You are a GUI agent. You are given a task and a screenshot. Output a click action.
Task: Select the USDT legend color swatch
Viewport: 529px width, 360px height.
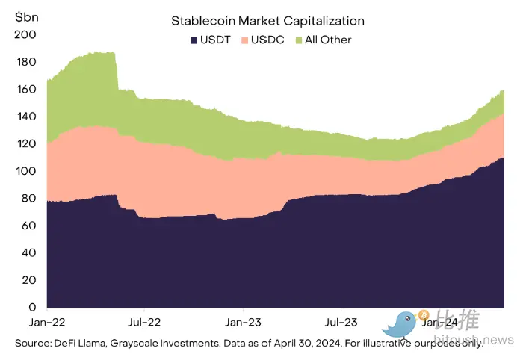194,40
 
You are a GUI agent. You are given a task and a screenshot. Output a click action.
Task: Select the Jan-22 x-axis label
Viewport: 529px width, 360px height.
46,323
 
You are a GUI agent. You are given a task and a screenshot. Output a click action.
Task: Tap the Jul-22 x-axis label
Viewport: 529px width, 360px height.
144,323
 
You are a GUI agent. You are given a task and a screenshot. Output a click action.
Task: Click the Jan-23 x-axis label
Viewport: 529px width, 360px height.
243,323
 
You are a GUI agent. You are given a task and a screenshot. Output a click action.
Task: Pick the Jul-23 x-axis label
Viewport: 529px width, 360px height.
341,323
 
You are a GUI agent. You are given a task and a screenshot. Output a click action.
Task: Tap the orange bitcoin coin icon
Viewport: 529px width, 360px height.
423,314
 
